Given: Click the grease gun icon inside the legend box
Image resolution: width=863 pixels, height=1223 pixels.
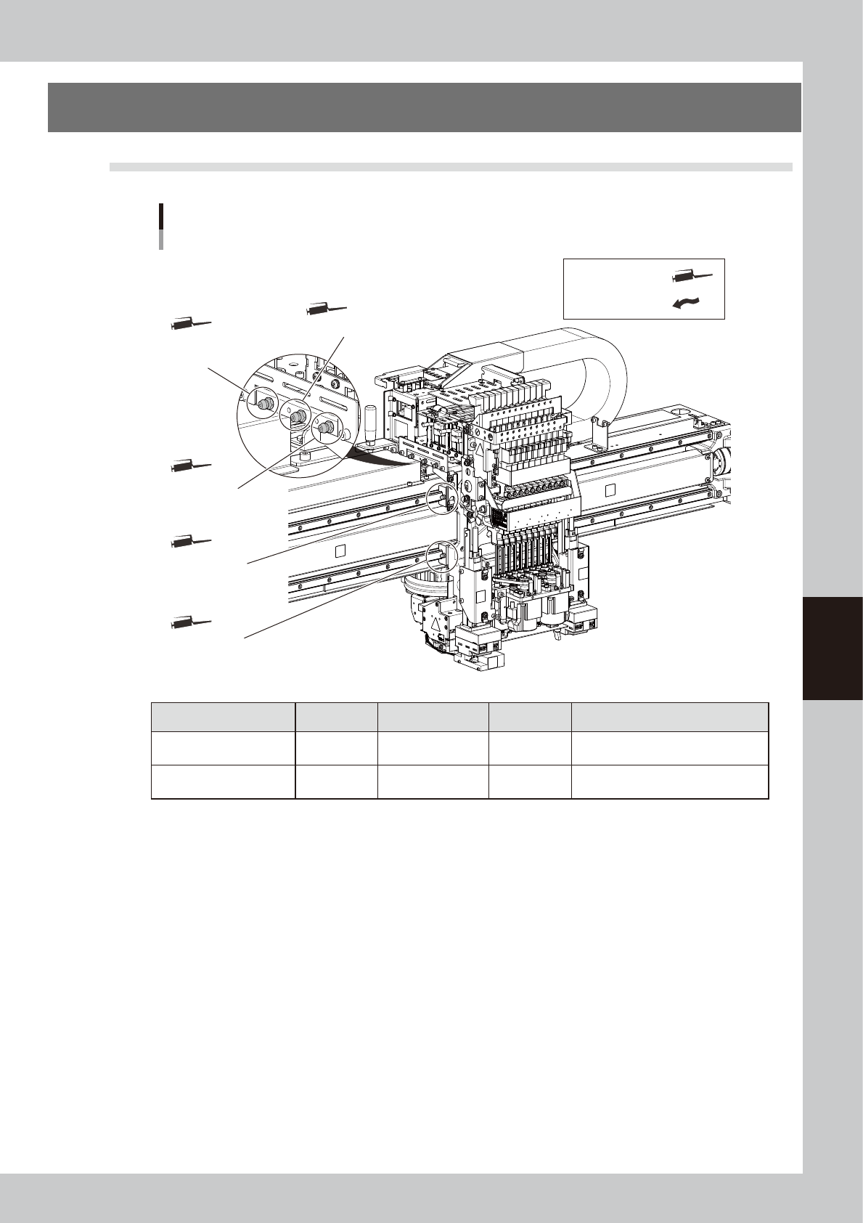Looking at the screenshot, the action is tap(692, 276).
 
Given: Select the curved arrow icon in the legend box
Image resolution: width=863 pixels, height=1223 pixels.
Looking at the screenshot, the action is tap(687, 304).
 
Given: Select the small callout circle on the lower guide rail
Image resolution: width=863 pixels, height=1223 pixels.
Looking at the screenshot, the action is tap(441, 556).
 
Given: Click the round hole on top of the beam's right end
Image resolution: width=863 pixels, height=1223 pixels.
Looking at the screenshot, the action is tap(682, 410).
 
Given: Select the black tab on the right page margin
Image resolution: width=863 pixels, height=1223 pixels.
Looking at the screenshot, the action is tap(833, 648).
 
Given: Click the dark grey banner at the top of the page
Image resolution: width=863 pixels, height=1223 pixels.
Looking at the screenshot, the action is tap(424, 107).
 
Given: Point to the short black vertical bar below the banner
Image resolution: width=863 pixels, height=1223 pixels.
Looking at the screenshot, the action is tap(160, 217).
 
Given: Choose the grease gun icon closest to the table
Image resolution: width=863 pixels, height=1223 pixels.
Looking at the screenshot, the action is tap(191, 622).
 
